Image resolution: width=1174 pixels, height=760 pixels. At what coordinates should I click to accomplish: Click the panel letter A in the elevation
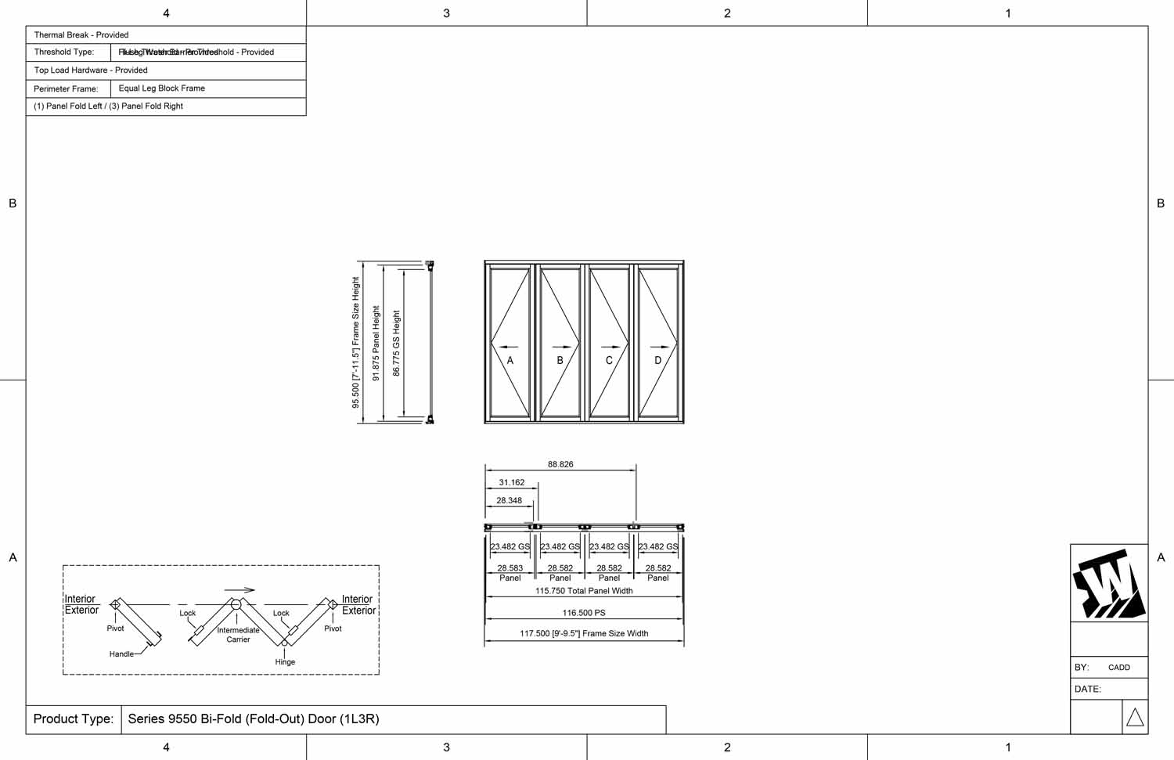click(x=510, y=361)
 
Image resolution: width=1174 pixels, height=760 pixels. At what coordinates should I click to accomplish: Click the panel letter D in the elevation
click(x=658, y=361)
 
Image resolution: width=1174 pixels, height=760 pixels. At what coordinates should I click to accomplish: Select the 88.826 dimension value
click(x=560, y=464)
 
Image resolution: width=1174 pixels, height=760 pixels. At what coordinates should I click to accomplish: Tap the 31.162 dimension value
click(x=512, y=483)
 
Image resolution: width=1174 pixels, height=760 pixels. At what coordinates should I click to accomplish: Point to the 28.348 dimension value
click(x=509, y=501)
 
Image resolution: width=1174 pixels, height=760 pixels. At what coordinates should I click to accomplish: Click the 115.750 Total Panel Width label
click(x=584, y=591)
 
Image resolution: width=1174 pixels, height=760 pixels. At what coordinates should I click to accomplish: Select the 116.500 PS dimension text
click(x=584, y=613)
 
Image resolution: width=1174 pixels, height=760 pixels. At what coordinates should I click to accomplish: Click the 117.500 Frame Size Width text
click(x=584, y=634)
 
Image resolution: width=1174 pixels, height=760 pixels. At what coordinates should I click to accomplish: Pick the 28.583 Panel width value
click(x=510, y=568)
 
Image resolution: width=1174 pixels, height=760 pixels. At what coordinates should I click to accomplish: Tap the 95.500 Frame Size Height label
click(x=356, y=342)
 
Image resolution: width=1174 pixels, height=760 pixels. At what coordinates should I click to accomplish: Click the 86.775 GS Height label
click(x=396, y=343)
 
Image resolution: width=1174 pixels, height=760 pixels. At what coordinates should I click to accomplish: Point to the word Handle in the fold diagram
click(x=121, y=654)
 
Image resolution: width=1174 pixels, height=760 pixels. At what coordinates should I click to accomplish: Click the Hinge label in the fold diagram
click(x=285, y=662)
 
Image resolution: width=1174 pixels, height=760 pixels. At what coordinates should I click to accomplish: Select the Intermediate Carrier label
click(x=238, y=635)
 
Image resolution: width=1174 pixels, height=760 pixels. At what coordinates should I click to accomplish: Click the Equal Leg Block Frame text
click(x=162, y=88)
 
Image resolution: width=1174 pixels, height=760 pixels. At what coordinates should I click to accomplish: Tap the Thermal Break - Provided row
click(x=81, y=35)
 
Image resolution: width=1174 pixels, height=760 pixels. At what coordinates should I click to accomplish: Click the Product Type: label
click(x=74, y=719)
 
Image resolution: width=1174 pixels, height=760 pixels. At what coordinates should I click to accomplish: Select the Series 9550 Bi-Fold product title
click(x=254, y=719)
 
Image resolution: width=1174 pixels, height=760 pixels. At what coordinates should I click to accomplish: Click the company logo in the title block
click(x=1109, y=584)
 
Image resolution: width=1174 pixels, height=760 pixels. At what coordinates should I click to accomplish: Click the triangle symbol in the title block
click(x=1135, y=717)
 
